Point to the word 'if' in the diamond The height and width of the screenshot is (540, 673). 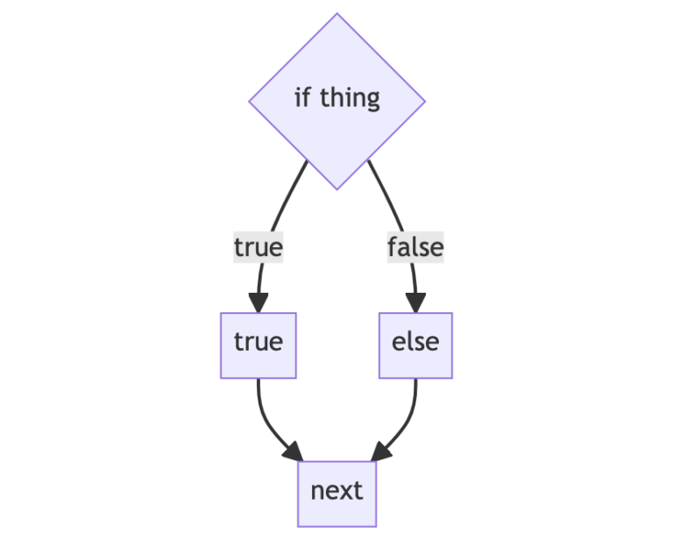click(302, 97)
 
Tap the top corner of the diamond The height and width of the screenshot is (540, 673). click(337, 15)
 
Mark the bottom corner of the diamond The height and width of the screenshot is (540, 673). click(337, 188)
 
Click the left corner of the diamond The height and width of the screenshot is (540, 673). click(251, 101)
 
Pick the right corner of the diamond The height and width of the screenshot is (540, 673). click(424, 101)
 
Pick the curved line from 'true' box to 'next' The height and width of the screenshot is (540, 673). click(265, 421)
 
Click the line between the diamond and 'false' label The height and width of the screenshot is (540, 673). click(389, 197)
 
